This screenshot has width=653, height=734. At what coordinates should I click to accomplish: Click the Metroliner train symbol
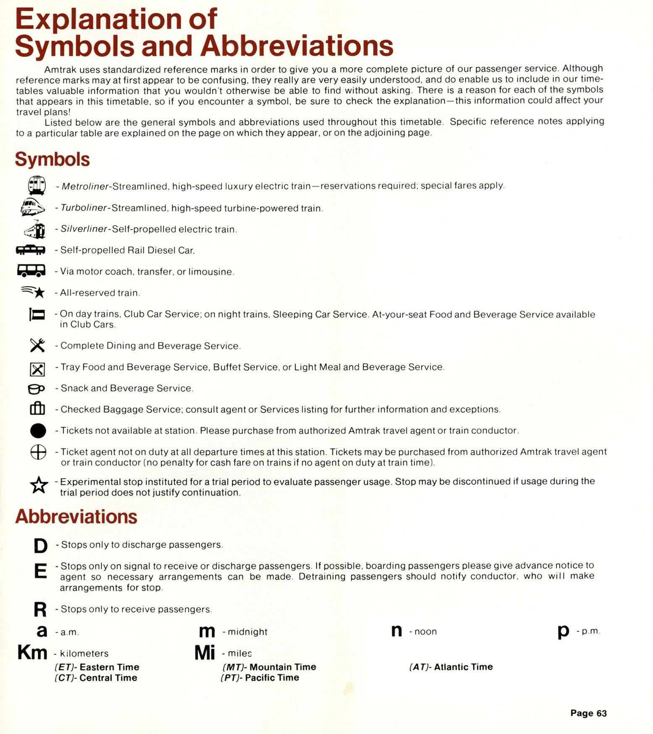click(x=37, y=185)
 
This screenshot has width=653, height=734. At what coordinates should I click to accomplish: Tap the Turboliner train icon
click(x=33, y=207)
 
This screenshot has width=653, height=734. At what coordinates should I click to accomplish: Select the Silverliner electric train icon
click(x=35, y=229)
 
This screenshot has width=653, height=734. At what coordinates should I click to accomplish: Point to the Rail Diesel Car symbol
click(x=31, y=250)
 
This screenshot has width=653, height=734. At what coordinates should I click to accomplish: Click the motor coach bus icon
click(x=31, y=270)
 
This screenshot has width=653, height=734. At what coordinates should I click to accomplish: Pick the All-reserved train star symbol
click(x=34, y=291)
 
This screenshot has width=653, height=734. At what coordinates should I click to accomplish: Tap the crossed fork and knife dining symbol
click(x=37, y=345)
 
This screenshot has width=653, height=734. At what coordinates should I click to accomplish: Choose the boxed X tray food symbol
click(x=37, y=369)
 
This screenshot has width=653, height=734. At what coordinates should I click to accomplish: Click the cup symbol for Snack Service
click(x=36, y=389)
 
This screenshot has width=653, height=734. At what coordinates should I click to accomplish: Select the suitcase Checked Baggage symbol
click(x=37, y=408)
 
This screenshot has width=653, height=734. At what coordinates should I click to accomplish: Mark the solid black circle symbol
click(x=38, y=431)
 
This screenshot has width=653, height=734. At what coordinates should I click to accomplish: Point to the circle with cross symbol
click(x=38, y=452)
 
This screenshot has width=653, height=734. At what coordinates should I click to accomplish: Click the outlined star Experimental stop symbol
click(x=39, y=485)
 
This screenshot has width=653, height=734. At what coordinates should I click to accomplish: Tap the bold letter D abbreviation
click(x=40, y=546)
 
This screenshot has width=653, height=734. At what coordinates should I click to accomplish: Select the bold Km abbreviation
click(x=32, y=652)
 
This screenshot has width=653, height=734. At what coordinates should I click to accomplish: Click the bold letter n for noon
click(x=396, y=631)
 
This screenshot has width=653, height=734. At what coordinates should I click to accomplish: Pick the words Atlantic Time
click(x=463, y=667)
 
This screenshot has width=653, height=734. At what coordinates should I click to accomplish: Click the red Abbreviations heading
click(x=76, y=516)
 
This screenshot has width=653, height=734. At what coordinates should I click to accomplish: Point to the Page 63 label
click(x=588, y=713)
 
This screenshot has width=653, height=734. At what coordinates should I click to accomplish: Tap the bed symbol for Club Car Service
click(x=37, y=314)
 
